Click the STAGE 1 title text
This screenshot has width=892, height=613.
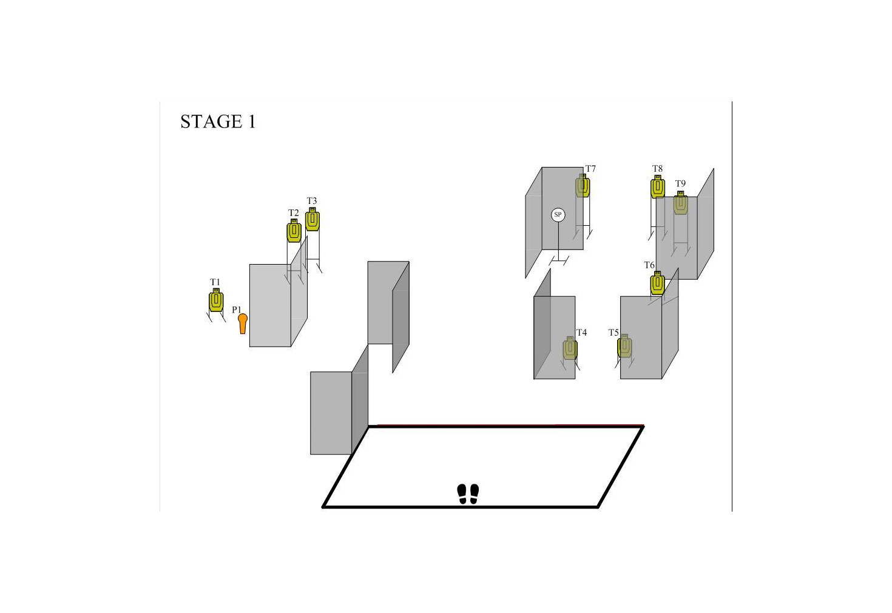click(x=218, y=121)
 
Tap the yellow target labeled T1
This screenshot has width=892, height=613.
click(x=216, y=300)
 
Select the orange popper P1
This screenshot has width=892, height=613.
click(x=243, y=323)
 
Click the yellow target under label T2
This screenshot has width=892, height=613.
click(x=294, y=231)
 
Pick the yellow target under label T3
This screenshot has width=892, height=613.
click(x=313, y=219)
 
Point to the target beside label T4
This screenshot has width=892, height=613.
click(x=570, y=348)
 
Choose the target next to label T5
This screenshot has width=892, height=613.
click(x=624, y=345)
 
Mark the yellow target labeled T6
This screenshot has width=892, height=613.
click(x=657, y=283)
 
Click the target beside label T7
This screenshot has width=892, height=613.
click(x=583, y=185)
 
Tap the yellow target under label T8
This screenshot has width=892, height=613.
click(x=658, y=186)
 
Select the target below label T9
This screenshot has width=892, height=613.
click(x=681, y=203)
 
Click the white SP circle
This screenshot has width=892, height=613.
click(x=558, y=215)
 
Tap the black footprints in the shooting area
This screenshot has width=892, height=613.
click(x=468, y=494)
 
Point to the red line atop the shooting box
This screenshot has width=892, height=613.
click(x=510, y=425)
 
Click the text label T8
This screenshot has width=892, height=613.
click(x=657, y=169)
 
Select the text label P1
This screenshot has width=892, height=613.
click(x=237, y=310)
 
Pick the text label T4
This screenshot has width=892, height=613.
click(x=581, y=332)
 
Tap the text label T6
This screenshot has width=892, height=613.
click(x=649, y=265)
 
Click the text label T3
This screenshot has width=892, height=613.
click(x=312, y=201)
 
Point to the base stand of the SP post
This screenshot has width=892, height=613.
click(x=558, y=261)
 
